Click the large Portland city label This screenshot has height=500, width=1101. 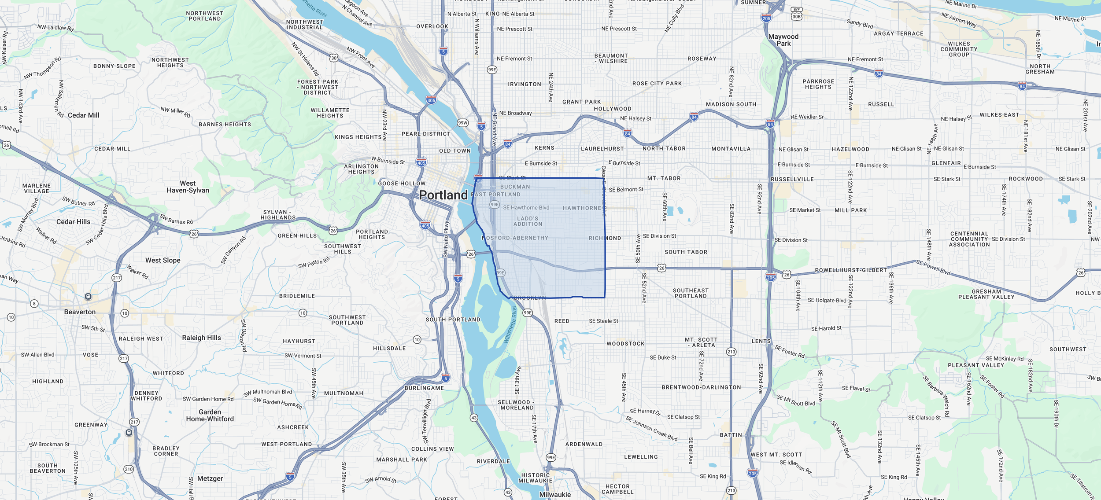(443, 195)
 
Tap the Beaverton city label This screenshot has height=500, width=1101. (80, 312)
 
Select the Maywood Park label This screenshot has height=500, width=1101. (783, 40)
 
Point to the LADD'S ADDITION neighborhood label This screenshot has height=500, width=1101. (528, 221)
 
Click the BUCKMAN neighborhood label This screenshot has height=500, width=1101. (515, 187)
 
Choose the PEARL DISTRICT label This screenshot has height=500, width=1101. (426, 134)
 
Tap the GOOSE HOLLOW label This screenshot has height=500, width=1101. (402, 184)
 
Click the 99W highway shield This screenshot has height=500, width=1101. (462, 123)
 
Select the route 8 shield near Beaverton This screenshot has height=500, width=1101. (34, 304)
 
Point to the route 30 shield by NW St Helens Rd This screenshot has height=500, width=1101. (334, 58)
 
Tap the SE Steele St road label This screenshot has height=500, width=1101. (603, 321)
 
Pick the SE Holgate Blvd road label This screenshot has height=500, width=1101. (827, 300)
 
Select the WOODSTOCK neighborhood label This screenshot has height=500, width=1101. (625, 344)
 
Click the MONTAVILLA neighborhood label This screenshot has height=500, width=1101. (731, 149)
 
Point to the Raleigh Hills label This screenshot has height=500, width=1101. (201, 338)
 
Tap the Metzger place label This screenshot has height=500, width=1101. (210, 478)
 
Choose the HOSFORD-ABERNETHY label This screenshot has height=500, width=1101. (515, 238)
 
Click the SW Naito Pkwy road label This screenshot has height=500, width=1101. (446, 239)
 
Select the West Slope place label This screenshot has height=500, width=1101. (163, 260)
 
